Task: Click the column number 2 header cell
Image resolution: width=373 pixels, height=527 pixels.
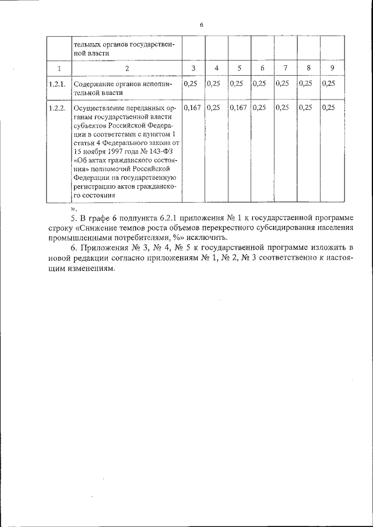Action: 126,69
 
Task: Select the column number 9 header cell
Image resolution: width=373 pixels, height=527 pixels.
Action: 332,69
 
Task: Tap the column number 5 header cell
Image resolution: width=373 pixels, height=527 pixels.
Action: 240,69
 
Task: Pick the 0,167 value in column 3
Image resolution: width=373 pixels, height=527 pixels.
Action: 192,108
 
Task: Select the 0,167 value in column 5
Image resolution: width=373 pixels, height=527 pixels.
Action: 238,108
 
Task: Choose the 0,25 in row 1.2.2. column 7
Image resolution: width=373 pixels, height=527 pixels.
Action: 283,108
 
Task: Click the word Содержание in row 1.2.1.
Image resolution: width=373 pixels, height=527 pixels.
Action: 94,84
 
